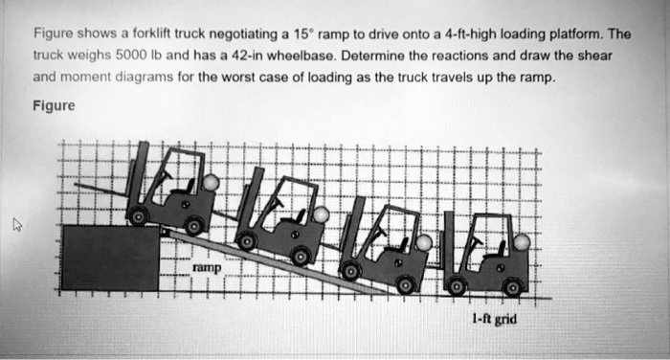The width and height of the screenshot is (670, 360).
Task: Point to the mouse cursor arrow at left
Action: [x=16, y=226]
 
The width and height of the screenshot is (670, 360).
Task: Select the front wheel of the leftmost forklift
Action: [x=139, y=217]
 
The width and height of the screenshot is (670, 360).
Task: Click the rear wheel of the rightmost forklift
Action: [x=514, y=284]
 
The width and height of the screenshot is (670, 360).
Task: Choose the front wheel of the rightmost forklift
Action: [x=456, y=284]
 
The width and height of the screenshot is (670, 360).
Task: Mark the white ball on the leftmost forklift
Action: [x=211, y=182]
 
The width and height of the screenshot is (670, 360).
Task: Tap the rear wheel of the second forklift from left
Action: [x=301, y=256]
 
